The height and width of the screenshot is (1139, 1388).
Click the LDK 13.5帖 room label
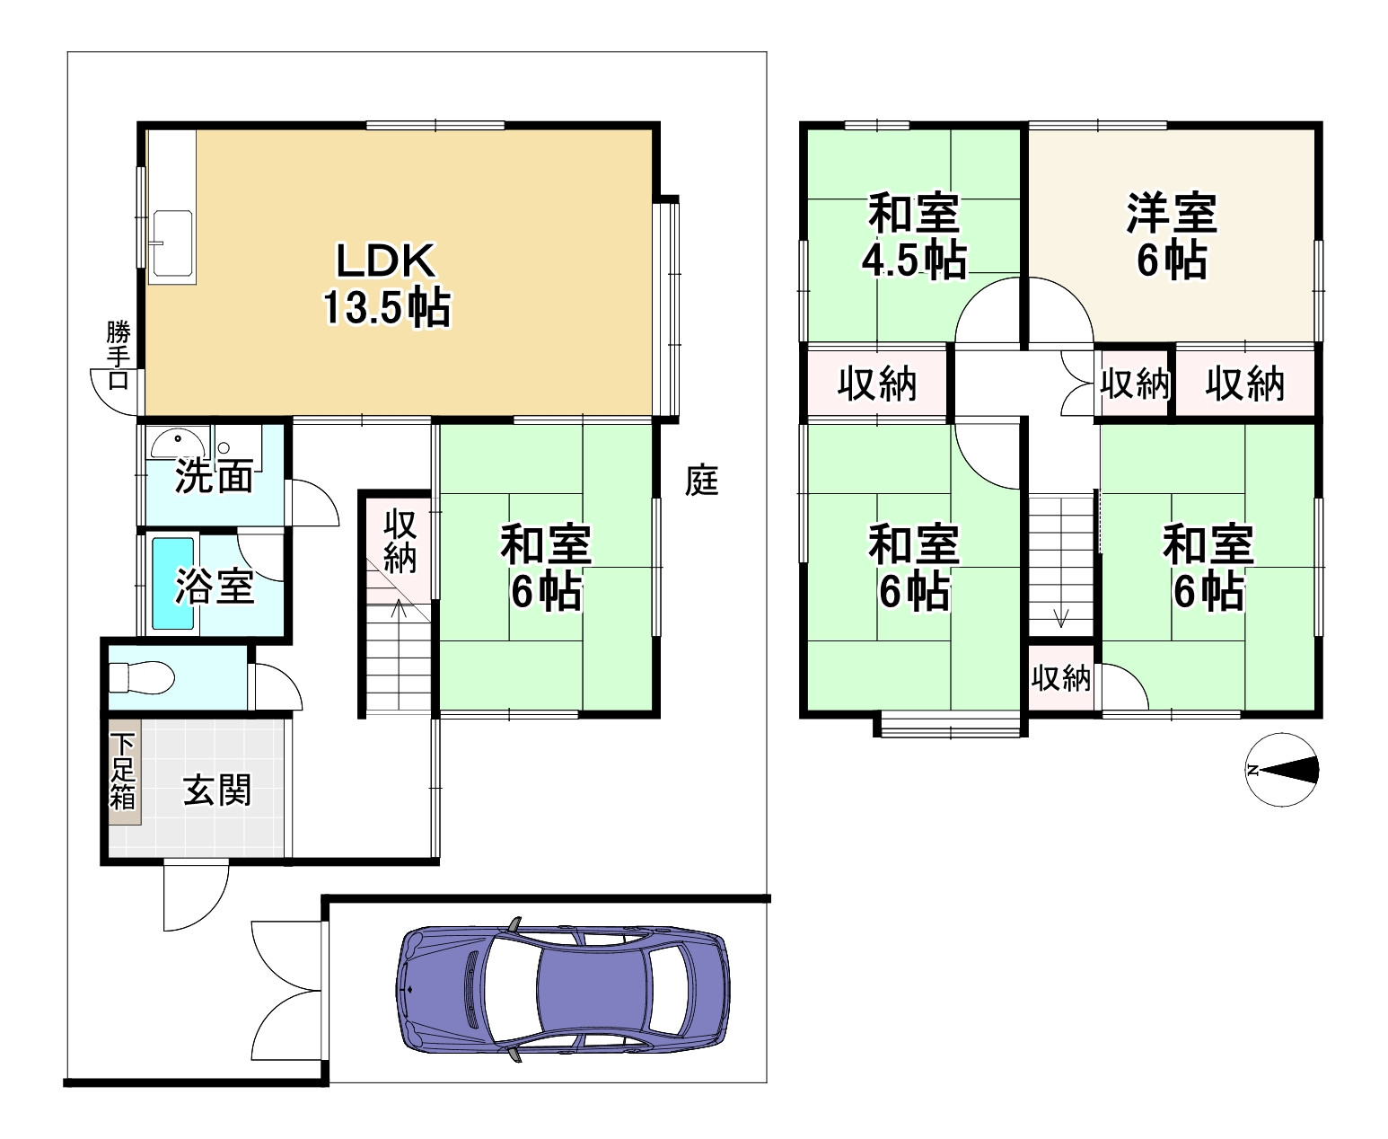click(x=386, y=284)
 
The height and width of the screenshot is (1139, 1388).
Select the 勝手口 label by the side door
click(x=118, y=355)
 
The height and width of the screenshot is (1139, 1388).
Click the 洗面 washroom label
click(x=213, y=476)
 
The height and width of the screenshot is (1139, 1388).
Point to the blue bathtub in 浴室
click(x=172, y=583)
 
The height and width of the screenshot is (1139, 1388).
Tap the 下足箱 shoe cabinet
click(x=123, y=771)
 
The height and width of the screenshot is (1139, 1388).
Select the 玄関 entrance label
click(x=218, y=791)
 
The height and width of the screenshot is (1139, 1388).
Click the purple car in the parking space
click(x=562, y=989)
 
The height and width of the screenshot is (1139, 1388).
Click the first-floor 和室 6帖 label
click(x=545, y=567)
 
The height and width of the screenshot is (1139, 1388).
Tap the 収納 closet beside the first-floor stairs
click(x=400, y=541)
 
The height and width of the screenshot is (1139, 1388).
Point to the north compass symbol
click(x=1282, y=770)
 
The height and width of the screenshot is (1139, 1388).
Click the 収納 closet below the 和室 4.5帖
click(x=877, y=384)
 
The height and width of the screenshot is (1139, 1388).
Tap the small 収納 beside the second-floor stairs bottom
click(x=1061, y=678)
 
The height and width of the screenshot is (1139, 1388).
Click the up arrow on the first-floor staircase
click(x=399, y=611)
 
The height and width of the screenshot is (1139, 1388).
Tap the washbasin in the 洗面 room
click(x=178, y=441)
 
